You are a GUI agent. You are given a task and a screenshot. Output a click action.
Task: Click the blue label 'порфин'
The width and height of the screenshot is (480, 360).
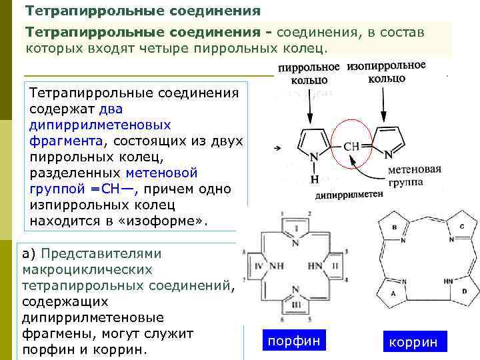point(294,341)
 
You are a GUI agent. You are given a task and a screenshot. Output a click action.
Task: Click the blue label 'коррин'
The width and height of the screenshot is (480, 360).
point(413,343)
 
